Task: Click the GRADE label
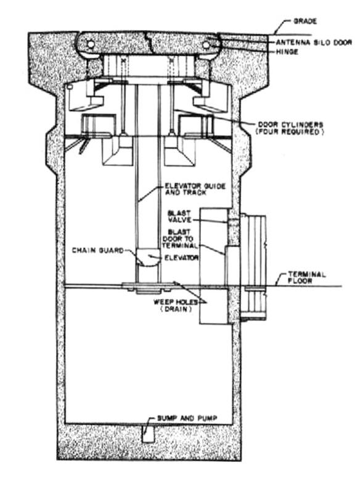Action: [305, 22]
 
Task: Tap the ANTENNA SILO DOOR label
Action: [314, 43]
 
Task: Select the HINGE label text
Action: [287, 52]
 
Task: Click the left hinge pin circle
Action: [91, 44]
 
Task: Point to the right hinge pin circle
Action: [206, 45]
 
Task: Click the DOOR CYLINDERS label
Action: [290, 125]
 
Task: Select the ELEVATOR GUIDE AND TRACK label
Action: [195, 189]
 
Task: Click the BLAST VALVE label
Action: [179, 216]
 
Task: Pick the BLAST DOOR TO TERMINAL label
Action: [180, 239]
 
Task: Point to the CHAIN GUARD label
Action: [98, 250]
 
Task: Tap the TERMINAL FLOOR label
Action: [306, 278]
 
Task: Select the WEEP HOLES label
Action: [176, 302]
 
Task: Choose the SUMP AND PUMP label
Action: [187, 418]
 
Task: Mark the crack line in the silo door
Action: [149, 42]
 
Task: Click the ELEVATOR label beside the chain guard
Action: [181, 258]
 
